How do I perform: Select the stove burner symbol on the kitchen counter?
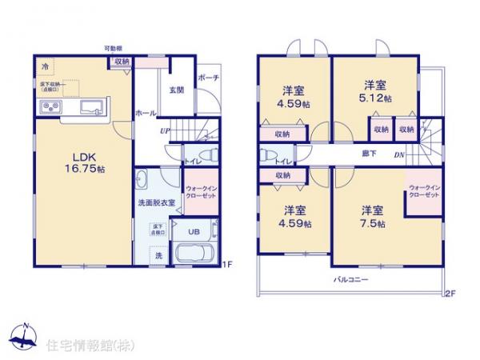coord(50,108)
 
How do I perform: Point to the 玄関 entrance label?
coord(177,90)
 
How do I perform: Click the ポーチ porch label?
coord(210,78)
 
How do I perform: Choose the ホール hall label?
coord(145,114)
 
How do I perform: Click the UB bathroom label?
coord(194,232)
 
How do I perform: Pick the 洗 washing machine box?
coord(157,255)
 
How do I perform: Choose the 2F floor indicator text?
coord(450,294)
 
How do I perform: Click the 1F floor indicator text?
coord(226,264)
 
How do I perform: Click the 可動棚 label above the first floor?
coord(112,49)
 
